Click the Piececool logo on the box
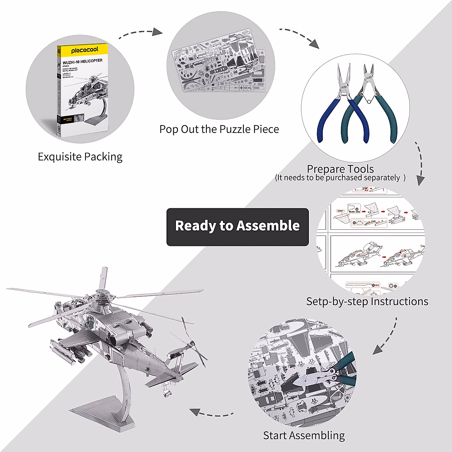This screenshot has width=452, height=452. pyautogui.click(x=84, y=50)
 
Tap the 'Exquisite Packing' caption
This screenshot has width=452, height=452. pyautogui.click(x=80, y=157)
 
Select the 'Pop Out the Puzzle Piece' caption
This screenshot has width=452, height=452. pyautogui.click(x=219, y=129)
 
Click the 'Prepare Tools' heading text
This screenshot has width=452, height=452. pyautogui.click(x=340, y=169)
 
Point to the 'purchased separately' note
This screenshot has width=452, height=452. pyautogui.click(x=340, y=178)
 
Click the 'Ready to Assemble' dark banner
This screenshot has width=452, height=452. pyautogui.click(x=237, y=226)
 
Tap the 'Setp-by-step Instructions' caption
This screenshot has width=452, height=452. pyautogui.click(x=367, y=301)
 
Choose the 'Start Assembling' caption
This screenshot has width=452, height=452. pyautogui.click(x=304, y=435)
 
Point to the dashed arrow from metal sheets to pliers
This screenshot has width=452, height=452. pyautogui.click(x=299, y=37)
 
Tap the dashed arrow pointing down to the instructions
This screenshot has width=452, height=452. pyautogui.click(x=419, y=164)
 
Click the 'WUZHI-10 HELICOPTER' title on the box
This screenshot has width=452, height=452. pyautogui.click(x=82, y=61)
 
